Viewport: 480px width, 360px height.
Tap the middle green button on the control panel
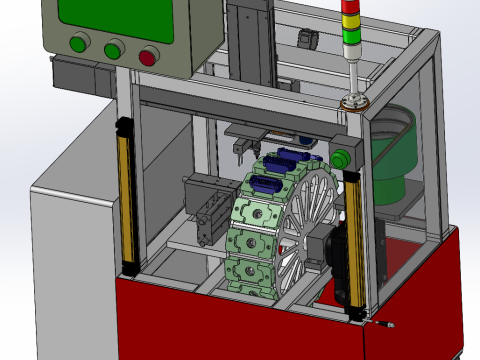point(113,47)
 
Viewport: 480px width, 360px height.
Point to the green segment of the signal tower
point(352,39)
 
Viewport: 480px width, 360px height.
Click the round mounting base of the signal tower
point(354,102)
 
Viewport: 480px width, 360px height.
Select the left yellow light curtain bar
point(128,195)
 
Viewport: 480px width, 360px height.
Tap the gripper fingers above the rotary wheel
point(243,150)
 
